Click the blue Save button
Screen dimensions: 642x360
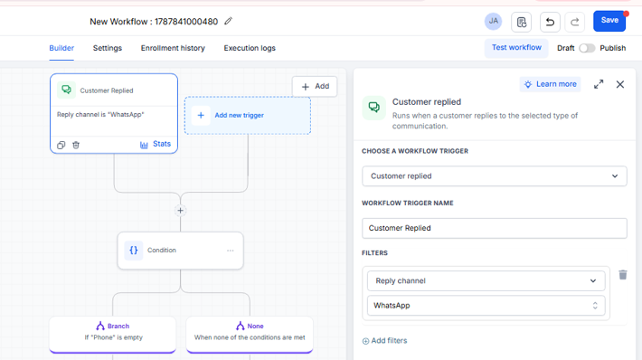click(x=609, y=21)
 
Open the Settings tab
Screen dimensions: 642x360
click(x=108, y=48)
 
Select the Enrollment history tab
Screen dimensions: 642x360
click(x=173, y=48)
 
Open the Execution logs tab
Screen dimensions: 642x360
click(x=250, y=48)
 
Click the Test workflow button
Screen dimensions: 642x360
click(x=516, y=48)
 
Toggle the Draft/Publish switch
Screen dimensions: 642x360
click(x=587, y=48)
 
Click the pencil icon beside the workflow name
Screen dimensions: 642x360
click(x=228, y=21)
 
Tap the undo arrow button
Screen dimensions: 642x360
click(x=550, y=22)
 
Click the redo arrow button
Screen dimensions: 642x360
click(x=574, y=22)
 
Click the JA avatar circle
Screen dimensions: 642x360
click(x=493, y=22)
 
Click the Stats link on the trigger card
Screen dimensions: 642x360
click(x=156, y=144)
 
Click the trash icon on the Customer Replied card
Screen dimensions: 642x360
click(x=76, y=145)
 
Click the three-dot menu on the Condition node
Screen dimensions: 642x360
click(x=230, y=251)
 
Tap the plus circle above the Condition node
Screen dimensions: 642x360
click(x=180, y=211)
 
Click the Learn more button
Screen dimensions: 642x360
click(x=550, y=84)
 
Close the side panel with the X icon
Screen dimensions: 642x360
click(x=620, y=84)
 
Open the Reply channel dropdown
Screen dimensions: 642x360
click(x=486, y=281)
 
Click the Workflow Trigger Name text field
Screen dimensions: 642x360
click(x=495, y=228)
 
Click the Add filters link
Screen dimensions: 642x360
click(x=384, y=341)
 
